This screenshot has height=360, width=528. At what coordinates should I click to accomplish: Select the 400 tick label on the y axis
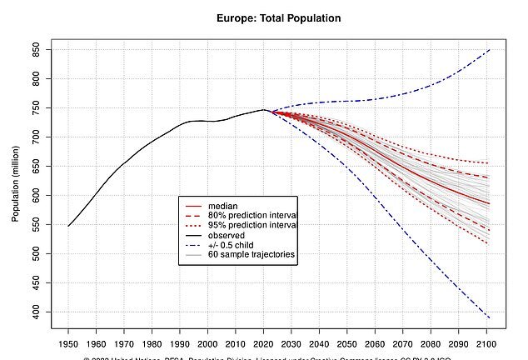tap(37, 312)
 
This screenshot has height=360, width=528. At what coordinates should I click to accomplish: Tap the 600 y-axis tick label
tap(37, 195)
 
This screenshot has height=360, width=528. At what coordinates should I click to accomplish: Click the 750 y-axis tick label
tap(37, 108)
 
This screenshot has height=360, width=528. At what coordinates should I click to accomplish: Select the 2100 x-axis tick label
tap(489, 344)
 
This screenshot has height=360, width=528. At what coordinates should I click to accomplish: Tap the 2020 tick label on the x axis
tap(265, 344)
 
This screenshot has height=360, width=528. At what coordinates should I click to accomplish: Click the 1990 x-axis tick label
tap(181, 344)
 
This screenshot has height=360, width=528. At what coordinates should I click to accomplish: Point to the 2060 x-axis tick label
tap(376, 344)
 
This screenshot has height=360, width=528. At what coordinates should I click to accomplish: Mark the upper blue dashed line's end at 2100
tap(489, 50)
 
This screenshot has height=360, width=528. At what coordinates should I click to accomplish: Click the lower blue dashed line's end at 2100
tap(489, 317)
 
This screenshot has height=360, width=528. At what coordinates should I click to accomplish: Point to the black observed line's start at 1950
tap(68, 226)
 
